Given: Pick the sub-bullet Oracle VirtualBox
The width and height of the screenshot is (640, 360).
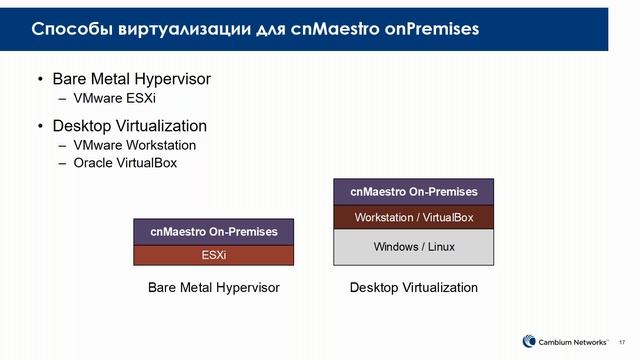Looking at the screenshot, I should point(125,163).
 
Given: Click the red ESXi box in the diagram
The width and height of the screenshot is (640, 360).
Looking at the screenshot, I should point(214,255).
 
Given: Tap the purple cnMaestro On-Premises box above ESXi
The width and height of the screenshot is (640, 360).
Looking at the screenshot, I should point(214,232).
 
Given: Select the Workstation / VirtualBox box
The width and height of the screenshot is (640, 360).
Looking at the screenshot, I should point(414,217).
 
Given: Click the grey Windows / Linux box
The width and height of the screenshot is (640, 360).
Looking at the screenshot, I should point(414,247).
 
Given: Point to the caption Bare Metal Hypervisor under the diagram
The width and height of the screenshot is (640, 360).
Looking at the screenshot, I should point(213,288).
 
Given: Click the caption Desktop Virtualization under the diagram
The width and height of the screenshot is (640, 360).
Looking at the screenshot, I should point(414,288).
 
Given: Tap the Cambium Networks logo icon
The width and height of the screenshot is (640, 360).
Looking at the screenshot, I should point(530,340).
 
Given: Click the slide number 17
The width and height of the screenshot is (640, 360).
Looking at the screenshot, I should point(623,341).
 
